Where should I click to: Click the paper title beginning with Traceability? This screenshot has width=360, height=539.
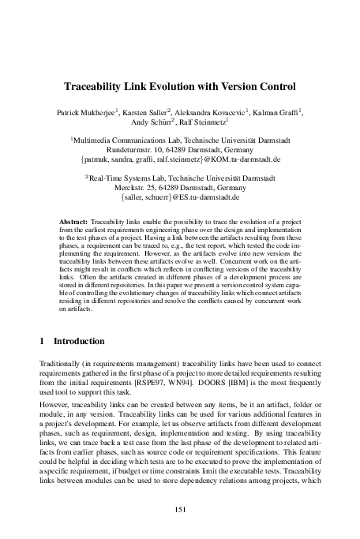point(180,84)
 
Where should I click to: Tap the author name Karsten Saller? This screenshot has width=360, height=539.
point(151,113)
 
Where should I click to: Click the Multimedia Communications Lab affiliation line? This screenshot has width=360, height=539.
point(180,139)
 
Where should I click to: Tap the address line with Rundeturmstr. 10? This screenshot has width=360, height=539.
point(180,149)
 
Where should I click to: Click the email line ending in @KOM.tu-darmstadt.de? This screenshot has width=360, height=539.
point(180,159)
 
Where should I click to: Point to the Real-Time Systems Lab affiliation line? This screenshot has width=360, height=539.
point(180,179)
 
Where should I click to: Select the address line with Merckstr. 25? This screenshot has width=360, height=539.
point(180,189)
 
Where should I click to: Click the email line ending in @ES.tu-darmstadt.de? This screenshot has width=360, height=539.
point(180,200)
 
